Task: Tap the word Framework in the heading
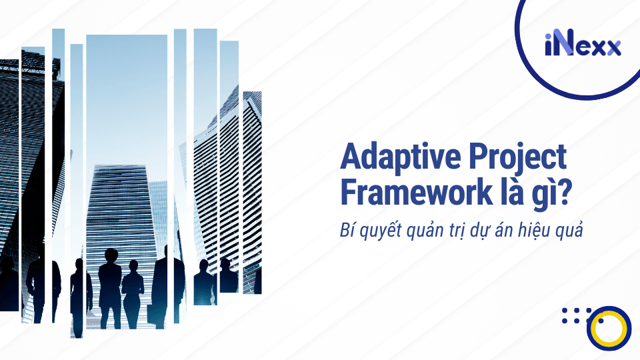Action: (x=416, y=192)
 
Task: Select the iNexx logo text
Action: (x=582, y=46)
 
